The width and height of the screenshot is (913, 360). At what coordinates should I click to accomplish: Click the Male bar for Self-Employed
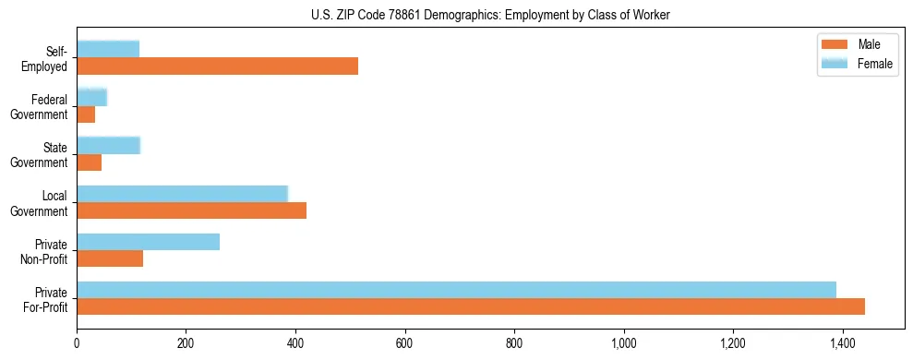point(217,66)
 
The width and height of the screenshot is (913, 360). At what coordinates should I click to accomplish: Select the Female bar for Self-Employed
point(108,49)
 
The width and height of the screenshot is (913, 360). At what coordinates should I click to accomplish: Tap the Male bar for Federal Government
point(86,114)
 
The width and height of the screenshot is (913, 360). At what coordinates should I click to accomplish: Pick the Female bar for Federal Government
point(92,97)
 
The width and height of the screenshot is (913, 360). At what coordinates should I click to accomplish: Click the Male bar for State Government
point(89,162)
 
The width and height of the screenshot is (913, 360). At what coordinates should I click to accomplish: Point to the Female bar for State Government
point(108,145)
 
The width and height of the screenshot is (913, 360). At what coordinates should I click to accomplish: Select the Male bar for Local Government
point(191,210)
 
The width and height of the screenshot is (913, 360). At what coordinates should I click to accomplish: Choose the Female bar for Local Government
point(182,193)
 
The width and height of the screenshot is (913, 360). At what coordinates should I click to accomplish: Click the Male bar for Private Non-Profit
point(110,258)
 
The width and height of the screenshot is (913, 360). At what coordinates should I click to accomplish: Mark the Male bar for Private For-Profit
point(471,306)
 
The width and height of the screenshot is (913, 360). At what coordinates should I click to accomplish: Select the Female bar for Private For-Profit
point(456,290)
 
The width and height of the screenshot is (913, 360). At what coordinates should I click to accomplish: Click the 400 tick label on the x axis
point(295,344)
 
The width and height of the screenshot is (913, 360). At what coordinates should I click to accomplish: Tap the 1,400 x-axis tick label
point(843,344)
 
